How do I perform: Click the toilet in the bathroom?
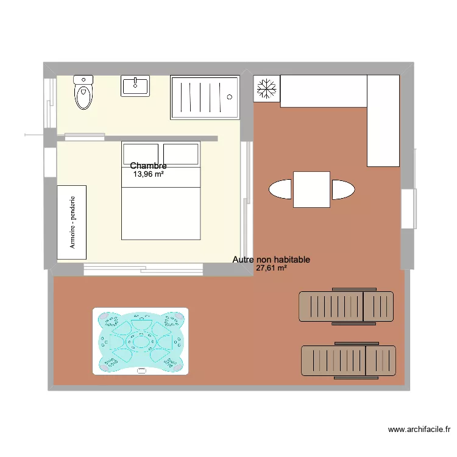click(x=83, y=93)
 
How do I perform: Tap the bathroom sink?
click(x=135, y=87)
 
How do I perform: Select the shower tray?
click(x=204, y=97)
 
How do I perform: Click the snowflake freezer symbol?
click(x=267, y=89)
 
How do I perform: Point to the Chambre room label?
click(x=148, y=166)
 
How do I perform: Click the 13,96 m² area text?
click(x=148, y=174)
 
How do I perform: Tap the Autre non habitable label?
click(x=271, y=260)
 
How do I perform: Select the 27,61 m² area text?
click(x=271, y=268)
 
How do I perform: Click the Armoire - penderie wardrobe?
click(x=72, y=222)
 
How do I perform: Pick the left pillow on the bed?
click(x=141, y=154)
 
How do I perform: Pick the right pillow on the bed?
click(x=181, y=154)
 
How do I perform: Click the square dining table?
click(x=312, y=190)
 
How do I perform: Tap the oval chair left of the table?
click(x=281, y=190)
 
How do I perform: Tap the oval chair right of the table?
click(x=342, y=190)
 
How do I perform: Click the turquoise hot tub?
click(x=141, y=341)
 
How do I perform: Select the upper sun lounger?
click(x=346, y=306)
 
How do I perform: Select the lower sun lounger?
click(x=349, y=361)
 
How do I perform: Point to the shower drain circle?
click(x=230, y=96)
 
